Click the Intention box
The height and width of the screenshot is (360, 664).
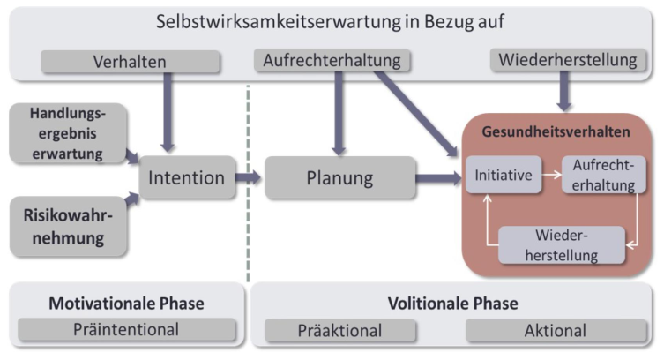tap(186, 178)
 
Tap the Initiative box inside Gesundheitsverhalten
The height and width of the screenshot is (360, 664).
tap(503, 175)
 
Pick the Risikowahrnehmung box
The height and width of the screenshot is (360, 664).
tap(65, 225)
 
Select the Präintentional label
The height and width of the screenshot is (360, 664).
tap(126, 331)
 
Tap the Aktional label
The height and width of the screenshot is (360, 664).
tap(556, 331)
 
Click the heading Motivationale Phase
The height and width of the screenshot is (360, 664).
tap(126, 304)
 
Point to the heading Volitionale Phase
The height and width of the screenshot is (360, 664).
tap(451, 304)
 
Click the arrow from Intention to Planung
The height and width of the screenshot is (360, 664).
tap(248, 177)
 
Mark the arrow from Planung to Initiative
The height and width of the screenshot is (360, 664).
tap(438, 178)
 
